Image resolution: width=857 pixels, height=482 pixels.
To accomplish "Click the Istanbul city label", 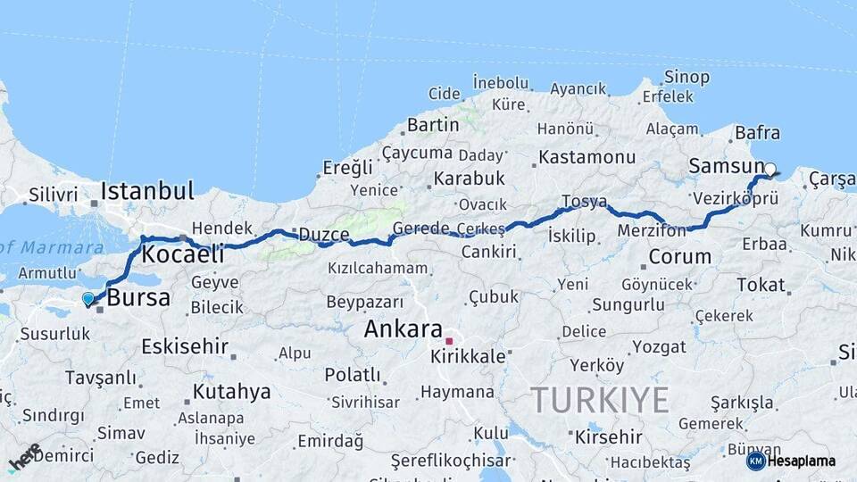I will click(147, 190).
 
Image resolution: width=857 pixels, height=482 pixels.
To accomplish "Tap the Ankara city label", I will click(403, 328).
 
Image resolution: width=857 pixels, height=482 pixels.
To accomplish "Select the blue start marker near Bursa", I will click(87, 299).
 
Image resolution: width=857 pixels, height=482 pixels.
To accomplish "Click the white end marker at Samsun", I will click(770, 168).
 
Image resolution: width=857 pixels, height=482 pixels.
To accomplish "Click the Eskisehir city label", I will click(185, 346).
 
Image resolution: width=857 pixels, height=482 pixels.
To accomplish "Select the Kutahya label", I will click(231, 391).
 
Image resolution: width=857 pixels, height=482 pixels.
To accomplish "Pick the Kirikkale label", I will click(468, 355).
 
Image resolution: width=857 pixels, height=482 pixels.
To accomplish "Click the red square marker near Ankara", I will click(449, 341).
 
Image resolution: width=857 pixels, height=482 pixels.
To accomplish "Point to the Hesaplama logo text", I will click(801, 461).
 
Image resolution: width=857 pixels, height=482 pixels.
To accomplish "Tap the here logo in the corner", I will click(24, 456).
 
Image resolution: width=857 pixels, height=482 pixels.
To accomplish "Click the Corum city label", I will click(679, 257).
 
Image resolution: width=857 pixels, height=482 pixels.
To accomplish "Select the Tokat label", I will click(760, 285).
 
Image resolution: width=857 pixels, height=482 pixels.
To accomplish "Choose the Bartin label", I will click(432, 124).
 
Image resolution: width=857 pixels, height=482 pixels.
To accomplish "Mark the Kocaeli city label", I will click(183, 254).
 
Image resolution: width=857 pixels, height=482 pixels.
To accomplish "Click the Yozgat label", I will click(659, 346).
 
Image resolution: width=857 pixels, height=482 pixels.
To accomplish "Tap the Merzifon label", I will click(652, 231).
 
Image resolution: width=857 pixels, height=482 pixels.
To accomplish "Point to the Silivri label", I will click(54, 194).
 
